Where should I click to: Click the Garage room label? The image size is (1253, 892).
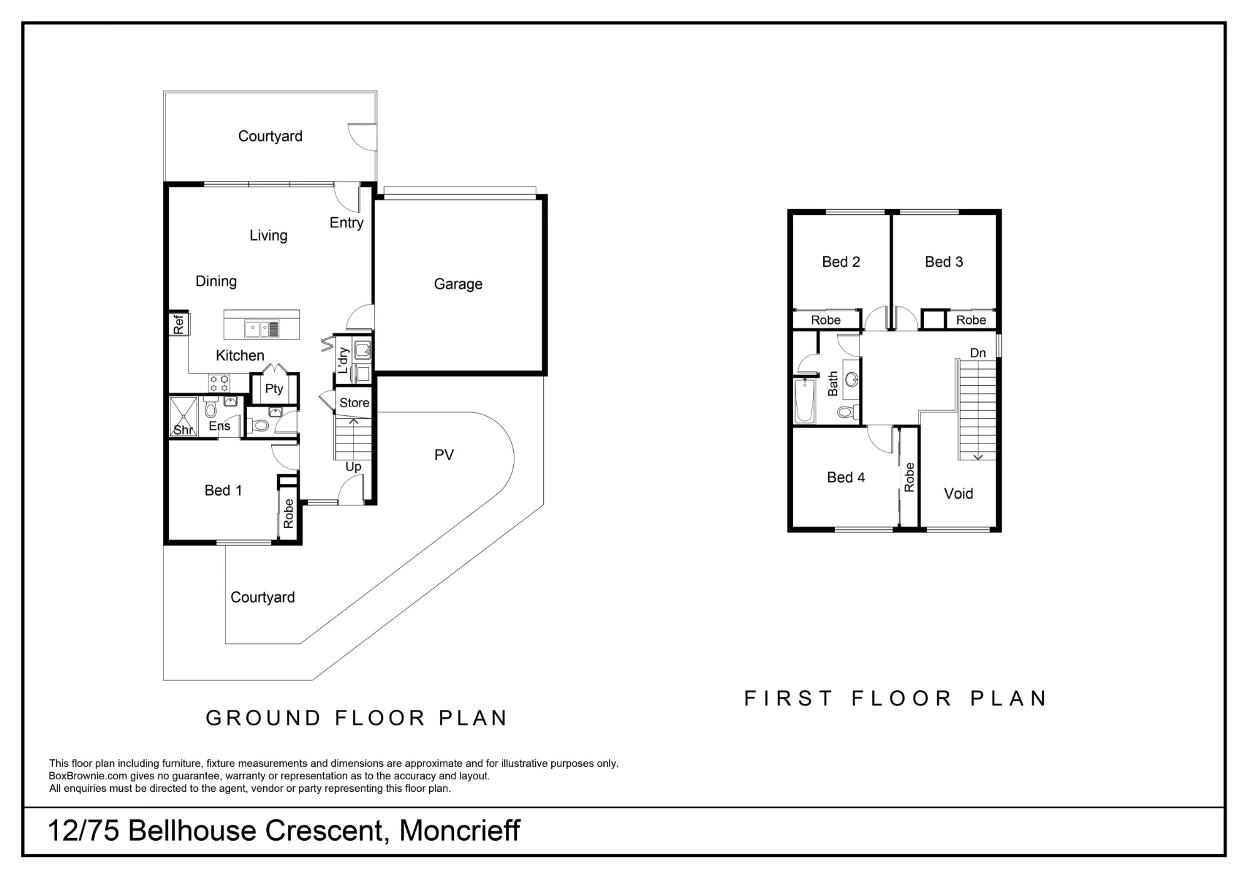point(458,284)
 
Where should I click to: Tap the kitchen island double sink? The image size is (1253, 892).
point(261,329)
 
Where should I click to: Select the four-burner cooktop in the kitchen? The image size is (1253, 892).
point(219,383)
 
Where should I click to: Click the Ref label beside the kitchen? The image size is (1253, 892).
point(179,324)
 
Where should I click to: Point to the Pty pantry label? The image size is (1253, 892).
point(274,389)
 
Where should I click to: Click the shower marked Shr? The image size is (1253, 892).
point(184,416)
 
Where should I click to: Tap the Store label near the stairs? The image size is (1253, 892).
point(354,403)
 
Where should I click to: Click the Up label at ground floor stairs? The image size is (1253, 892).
point(353,467)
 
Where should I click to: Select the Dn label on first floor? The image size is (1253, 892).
point(978,353)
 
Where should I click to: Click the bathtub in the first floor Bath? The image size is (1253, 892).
point(804,400)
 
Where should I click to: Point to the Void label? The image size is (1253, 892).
point(959,494)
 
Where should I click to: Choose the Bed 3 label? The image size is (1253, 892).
point(944,262)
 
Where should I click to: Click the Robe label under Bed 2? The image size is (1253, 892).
point(826,320)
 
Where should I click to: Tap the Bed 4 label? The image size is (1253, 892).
point(846,477)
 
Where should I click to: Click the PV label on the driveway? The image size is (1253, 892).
point(444,455)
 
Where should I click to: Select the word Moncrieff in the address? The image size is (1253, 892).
point(460,831)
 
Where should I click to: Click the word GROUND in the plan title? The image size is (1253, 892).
point(263,718)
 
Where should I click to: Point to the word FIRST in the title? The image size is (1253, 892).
point(788,698)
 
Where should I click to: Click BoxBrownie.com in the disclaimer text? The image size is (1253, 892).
point(88,776)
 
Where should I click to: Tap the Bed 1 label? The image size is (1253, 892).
point(223,490)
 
